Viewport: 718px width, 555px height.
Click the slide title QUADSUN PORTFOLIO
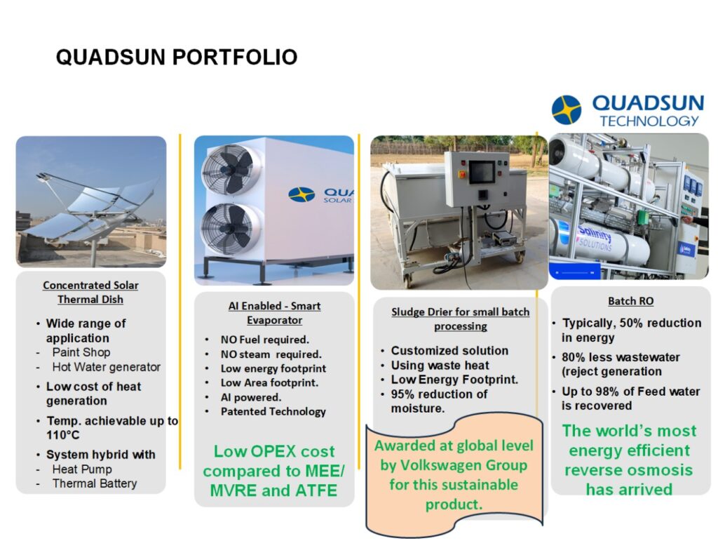pyautogui.click(x=177, y=58)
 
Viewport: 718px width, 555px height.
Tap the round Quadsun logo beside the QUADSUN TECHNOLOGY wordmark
pyautogui.click(x=567, y=109)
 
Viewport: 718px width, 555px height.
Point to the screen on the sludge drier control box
pyautogui.click(x=482, y=173)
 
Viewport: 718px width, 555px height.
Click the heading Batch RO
pyautogui.click(x=630, y=301)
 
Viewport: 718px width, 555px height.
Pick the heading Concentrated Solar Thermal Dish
pyautogui.click(x=90, y=292)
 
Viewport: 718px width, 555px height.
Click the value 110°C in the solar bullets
pyautogui.click(x=62, y=435)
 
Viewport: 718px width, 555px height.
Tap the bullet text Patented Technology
pyautogui.click(x=273, y=412)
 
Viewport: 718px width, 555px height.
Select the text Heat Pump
pyautogui.click(x=82, y=469)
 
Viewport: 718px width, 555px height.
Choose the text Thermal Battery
pyautogui.click(x=95, y=483)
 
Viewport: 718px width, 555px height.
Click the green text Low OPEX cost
pyautogui.click(x=274, y=451)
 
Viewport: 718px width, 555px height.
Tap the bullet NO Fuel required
pyautogui.click(x=264, y=340)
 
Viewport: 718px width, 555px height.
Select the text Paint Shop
pyautogui.click(x=81, y=352)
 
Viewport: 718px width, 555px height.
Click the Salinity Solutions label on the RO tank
pyautogui.click(x=594, y=239)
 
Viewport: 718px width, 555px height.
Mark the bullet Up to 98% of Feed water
pyautogui.click(x=630, y=392)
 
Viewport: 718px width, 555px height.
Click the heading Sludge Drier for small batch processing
pyautogui.click(x=460, y=319)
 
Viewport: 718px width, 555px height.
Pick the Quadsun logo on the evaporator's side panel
pyautogui.click(x=320, y=194)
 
